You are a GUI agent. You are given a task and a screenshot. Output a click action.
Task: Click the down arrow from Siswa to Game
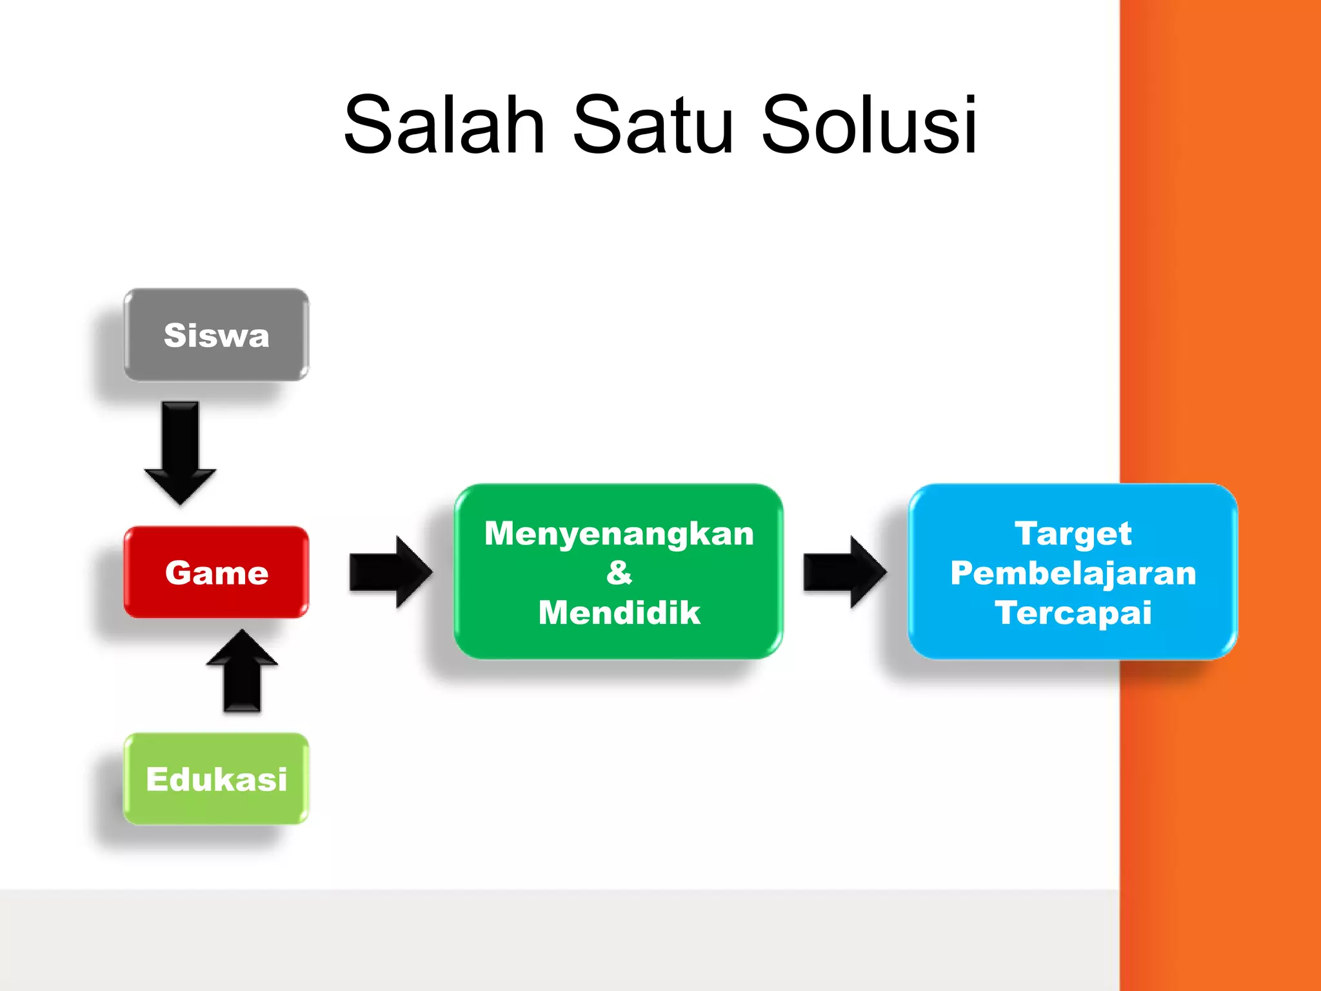[x=180, y=452]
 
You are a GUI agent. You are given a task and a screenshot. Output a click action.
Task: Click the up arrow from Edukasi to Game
[x=242, y=671]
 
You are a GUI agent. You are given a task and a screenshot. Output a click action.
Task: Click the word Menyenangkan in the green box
[x=619, y=534]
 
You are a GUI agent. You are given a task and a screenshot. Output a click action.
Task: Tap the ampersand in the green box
[x=619, y=572]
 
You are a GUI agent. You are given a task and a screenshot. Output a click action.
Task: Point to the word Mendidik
[x=619, y=612]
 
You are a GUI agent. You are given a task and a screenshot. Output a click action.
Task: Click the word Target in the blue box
[x=1073, y=534]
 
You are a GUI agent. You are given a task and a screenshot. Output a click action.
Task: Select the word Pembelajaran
[x=1073, y=573]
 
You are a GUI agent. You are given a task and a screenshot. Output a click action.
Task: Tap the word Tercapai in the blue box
[x=1073, y=612]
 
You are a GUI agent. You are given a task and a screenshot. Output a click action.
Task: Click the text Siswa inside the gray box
[x=216, y=335]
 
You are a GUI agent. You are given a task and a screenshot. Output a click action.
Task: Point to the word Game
[x=216, y=573]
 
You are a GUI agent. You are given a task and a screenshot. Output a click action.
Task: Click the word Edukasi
[x=216, y=779]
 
